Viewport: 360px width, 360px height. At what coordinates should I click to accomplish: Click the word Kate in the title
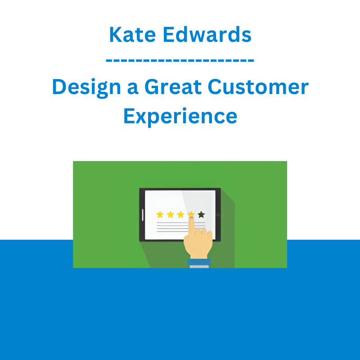pyautogui.click(x=132, y=35)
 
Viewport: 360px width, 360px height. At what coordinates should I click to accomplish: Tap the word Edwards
pyautogui.click(x=207, y=35)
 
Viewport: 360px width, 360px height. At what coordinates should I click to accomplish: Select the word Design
pyautogui.click(x=86, y=87)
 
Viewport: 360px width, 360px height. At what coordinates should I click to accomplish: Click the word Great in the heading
pyautogui.click(x=173, y=87)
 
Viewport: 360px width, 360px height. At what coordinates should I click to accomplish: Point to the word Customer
pyautogui.click(x=258, y=87)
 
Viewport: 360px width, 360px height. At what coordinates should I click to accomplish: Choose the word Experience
pyautogui.click(x=180, y=117)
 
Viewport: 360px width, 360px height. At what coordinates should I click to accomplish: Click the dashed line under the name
pyautogui.click(x=180, y=61)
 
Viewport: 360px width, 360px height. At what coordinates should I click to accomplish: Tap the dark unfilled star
pyautogui.click(x=201, y=215)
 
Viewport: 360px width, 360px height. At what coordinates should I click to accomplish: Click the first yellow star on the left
pyautogui.click(x=160, y=215)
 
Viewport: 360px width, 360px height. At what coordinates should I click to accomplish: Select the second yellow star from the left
pyautogui.click(x=171, y=215)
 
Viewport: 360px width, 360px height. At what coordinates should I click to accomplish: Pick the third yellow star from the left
pyautogui.click(x=181, y=215)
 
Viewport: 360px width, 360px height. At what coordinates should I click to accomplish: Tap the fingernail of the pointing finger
pyautogui.click(x=191, y=217)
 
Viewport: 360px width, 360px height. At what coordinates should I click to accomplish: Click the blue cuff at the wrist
pyautogui.click(x=199, y=262)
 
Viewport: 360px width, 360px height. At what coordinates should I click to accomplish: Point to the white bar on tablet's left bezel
pyautogui.click(x=143, y=215)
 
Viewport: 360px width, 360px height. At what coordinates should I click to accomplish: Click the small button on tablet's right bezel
pyautogui.click(x=218, y=215)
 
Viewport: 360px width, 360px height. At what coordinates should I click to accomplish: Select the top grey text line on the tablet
pyautogui.click(x=181, y=223)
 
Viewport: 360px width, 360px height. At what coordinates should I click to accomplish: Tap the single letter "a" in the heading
pyautogui.click(x=133, y=89)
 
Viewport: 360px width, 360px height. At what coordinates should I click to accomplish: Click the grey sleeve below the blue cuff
pyautogui.click(x=199, y=267)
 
